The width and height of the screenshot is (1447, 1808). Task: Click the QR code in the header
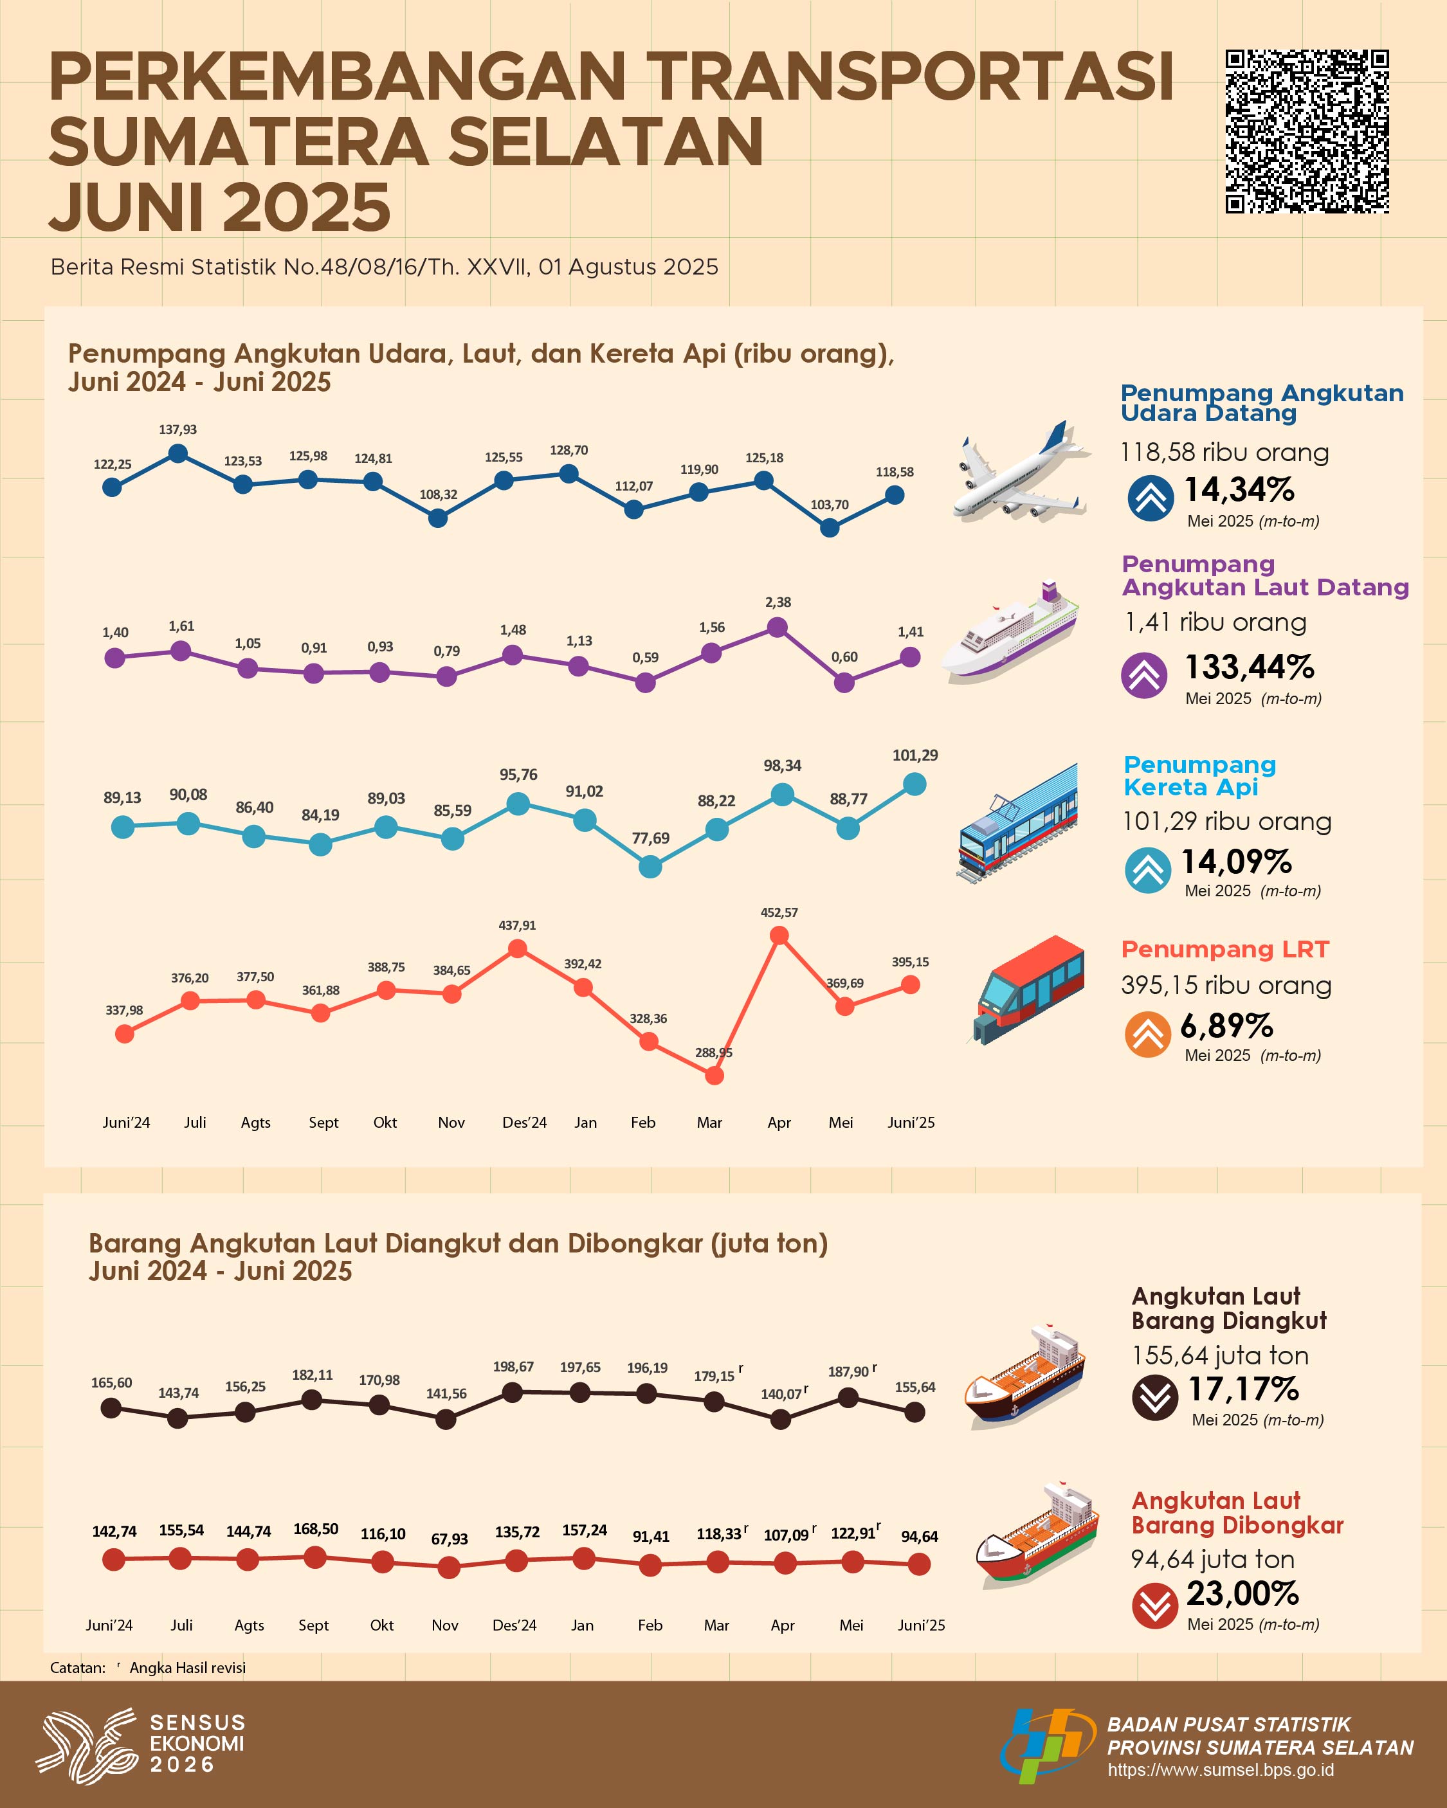1307,132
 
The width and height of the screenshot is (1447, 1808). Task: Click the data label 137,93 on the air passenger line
178,430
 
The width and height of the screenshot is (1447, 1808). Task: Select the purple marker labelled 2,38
778,626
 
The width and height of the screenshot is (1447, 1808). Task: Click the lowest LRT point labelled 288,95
714,1075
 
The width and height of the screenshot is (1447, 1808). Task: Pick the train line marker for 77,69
650,866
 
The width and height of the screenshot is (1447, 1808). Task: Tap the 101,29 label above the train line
915,755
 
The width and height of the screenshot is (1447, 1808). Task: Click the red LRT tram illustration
1028,990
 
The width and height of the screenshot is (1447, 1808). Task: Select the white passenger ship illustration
1009,631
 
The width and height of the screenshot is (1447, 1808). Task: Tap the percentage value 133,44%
1249,667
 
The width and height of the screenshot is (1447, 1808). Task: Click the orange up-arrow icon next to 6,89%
1147,1034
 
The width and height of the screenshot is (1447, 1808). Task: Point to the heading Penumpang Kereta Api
1199,775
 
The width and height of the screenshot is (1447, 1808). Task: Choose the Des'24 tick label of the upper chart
524,1123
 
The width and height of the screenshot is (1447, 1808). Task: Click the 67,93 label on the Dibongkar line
450,1539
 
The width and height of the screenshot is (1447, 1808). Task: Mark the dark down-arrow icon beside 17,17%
1155,1398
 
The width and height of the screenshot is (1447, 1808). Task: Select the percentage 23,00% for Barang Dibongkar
1242,1593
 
